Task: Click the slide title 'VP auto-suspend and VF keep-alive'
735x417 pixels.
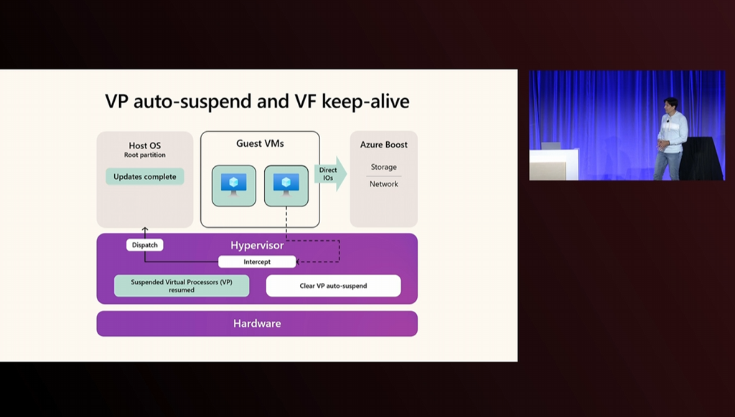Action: (x=257, y=101)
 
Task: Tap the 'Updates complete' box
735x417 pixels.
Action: (x=145, y=176)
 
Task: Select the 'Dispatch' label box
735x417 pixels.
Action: (x=145, y=245)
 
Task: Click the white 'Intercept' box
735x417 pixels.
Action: (x=257, y=262)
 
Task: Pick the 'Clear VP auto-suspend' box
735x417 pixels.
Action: (x=333, y=285)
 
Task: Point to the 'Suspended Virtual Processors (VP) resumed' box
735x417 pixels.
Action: (x=182, y=285)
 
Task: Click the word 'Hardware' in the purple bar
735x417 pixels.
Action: (x=257, y=323)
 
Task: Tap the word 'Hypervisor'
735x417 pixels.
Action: (x=257, y=245)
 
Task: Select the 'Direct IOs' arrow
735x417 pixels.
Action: (x=330, y=173)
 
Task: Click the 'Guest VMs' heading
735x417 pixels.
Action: (x=260, y=143)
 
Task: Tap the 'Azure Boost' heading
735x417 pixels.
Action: (x=384, y=145)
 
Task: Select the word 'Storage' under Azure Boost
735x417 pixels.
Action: (x=384, y=167)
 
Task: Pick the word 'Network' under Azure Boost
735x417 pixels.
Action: (x=384, y=184)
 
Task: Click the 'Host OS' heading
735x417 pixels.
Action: (x=145, y=145)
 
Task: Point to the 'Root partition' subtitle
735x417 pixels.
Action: (x=145, y=155)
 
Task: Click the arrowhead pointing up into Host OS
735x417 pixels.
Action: (x=145, y=229)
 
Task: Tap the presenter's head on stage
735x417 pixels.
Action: (x=671, y=105)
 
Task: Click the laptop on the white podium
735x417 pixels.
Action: (x=551, y=145)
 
